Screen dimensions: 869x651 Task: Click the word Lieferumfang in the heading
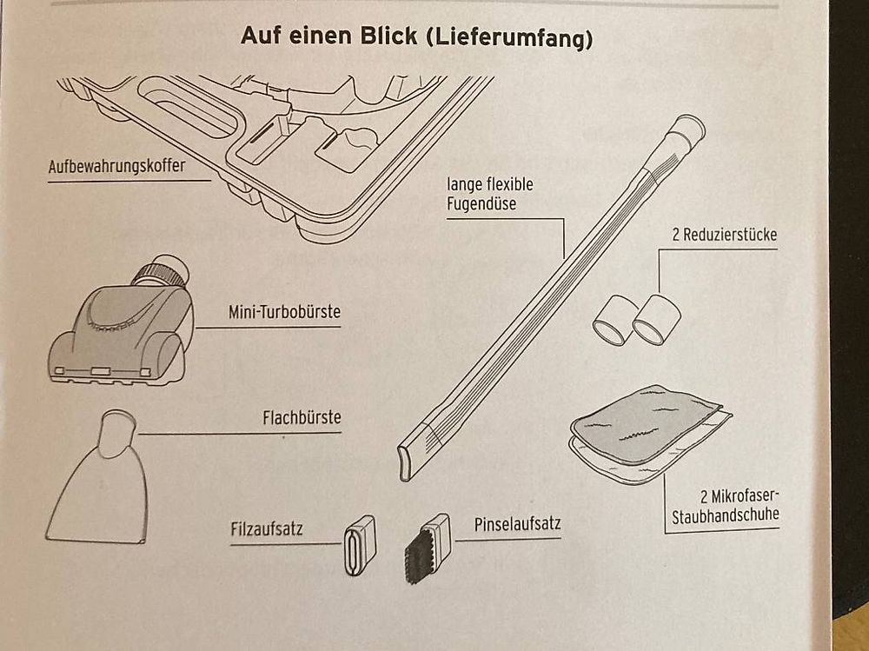509,37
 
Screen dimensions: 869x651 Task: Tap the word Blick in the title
388,36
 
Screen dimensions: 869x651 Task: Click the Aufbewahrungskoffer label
117,166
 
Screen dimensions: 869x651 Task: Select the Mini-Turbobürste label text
284,312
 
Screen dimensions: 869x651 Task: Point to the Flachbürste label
302,417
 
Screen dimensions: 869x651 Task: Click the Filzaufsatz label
267,528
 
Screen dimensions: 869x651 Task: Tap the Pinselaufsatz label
518,524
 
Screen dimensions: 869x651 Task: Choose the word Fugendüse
481,204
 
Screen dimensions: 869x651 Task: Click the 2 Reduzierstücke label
725,235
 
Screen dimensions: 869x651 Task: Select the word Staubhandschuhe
726,515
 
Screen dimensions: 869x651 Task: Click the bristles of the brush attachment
420,555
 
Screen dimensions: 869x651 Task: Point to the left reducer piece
614,320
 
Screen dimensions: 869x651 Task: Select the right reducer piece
656,320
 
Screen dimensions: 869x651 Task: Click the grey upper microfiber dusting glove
646,424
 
